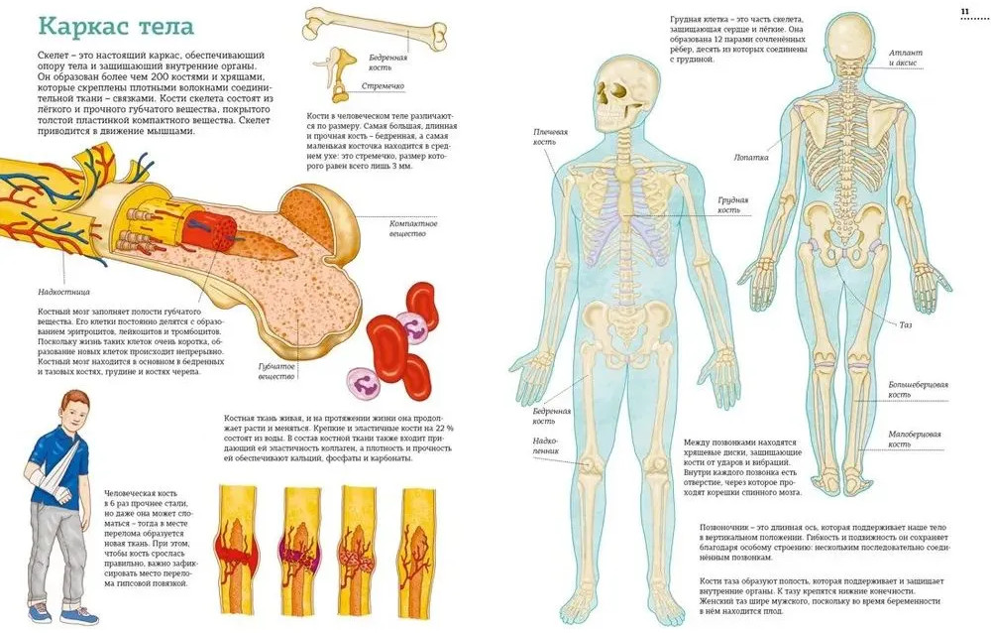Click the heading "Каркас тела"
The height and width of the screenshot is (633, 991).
pyautogui.click(x=116, y=27)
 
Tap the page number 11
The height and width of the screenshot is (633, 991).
pyautogui.click(x=965, y=11)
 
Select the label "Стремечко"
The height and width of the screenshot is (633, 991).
pyautogui.click(x=383, y=86)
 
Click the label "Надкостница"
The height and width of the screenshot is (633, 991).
pyautogui.click(x=63, y=292)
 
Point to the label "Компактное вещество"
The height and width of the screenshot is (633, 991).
pyautogui.click(x=413, y=228)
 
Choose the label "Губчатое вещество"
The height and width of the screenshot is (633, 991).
pyautogui.click(x=276, y=372)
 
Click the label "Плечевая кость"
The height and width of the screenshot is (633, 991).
pyautogui.click(x=550, y=137)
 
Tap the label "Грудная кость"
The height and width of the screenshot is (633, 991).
pyautogui.click(x=733, y=205)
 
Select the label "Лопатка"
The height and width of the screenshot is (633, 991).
pyautogui.click(x=751, y=157)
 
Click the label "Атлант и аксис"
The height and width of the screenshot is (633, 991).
pyautogui.click(x=906, y=58)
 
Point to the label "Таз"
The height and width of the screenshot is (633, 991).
pyautogui.click(x=906, y=324)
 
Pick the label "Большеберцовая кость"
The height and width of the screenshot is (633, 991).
pyautogui.click(x=919, y=389)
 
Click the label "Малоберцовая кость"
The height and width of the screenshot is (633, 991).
pyautogui.click(x=915, y=440)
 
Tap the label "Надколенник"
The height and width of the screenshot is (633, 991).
pyautogui.click(x=545, y=445)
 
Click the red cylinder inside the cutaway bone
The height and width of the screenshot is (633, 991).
pyautogui.click(x=210, y=230)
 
